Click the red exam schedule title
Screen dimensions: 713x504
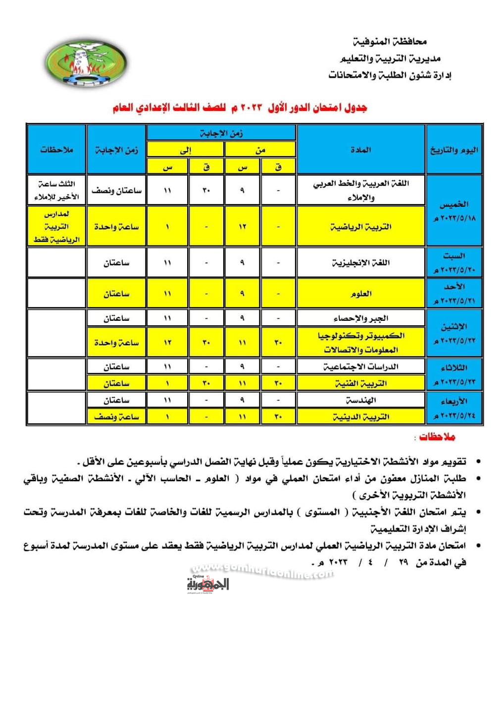pos(240,107)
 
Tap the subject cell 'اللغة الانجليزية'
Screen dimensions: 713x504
pos(360,262)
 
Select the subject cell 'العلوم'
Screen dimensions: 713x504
pos(360,294)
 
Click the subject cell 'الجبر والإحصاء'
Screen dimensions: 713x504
pos(360,318)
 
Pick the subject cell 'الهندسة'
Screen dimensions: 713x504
pos(360,400)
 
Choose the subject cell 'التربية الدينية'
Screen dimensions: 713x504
pos(360,417)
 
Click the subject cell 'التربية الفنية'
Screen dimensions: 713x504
pos(360,383)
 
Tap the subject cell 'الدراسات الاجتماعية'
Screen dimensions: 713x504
pos(360,366)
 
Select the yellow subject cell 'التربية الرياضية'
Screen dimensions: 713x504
pos(360,227)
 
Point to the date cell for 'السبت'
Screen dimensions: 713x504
pos(454,262)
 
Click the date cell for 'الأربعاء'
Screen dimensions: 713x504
pos(454,408)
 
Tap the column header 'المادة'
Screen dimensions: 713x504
pos(360,150)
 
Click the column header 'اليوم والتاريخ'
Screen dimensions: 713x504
pos(454,150)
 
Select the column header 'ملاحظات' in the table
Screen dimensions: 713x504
pos(56,150)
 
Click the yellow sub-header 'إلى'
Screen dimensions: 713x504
pos(185,150)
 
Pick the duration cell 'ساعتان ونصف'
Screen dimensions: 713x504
pos(116,190)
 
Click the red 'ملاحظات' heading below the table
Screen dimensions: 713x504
pos(437,437)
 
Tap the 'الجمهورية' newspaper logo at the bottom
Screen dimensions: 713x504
pos(208,584)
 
